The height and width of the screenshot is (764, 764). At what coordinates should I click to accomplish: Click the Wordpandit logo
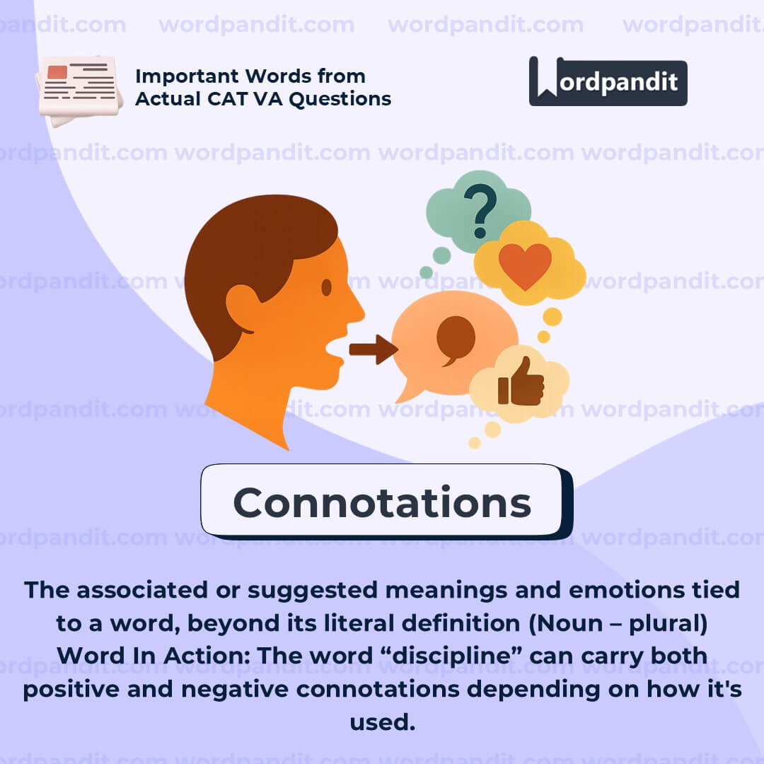[608, 81]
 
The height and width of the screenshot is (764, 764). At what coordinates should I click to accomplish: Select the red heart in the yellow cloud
[525, 266]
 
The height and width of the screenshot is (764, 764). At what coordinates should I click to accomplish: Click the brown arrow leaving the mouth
[374, 349]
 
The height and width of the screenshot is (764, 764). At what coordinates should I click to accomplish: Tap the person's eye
[326, 287]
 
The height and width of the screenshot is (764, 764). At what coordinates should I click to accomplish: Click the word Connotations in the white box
[382, 502]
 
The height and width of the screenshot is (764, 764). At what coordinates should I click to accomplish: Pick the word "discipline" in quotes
[451, 656]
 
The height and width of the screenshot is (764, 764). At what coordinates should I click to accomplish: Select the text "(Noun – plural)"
[618, 623]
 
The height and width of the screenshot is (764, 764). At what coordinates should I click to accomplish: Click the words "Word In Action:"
[154, 656]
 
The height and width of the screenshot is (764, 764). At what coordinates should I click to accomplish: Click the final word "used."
[383, 722]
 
